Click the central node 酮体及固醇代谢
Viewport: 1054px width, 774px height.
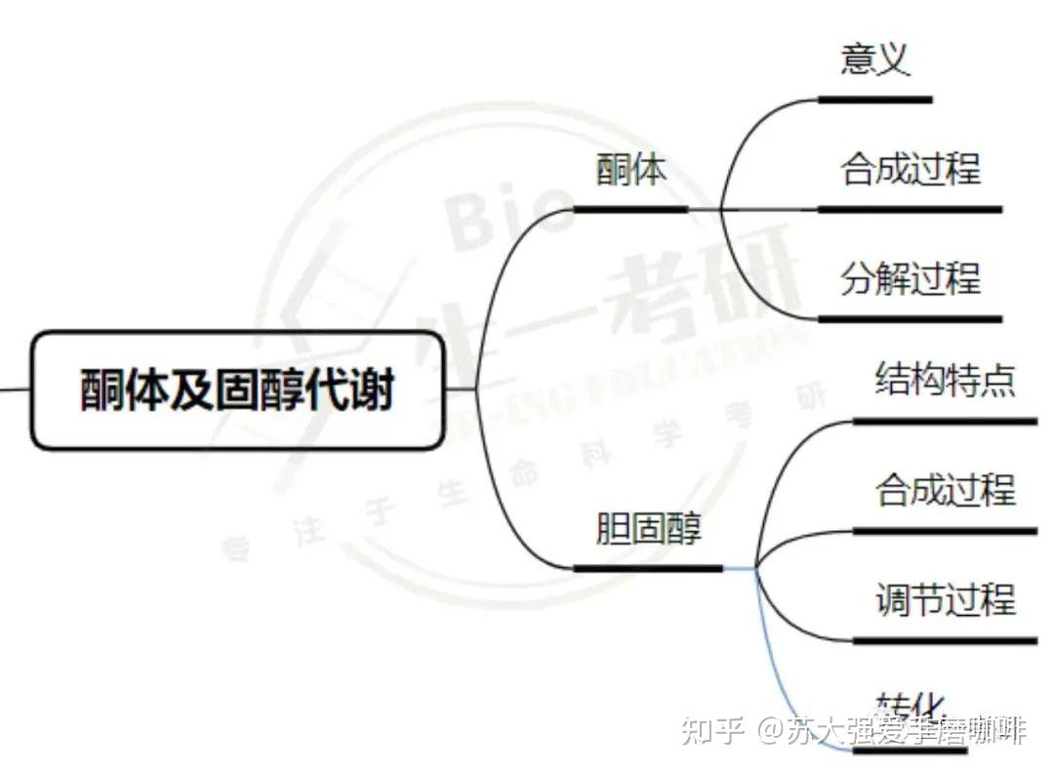(237, 390)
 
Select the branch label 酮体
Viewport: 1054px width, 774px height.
(631, 169)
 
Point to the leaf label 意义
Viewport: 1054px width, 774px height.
(874, 60)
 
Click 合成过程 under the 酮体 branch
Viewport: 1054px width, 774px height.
(910, 169)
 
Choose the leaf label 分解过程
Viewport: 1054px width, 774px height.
(910, 279)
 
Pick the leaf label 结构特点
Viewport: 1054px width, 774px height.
(945, 379)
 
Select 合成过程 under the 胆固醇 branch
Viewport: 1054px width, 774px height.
(945, 489)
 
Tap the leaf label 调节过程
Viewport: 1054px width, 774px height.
(945, 599)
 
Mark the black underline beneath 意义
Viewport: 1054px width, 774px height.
(874, 99)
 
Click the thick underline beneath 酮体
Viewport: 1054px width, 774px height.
(630, 209)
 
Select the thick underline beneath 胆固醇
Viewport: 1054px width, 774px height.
(648, 568)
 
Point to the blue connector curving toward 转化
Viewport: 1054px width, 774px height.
(781, 664)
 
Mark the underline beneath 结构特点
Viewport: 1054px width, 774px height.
(945, 422)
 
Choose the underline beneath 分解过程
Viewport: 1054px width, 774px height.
(910, 319)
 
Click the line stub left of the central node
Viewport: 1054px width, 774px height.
(15, 389)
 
